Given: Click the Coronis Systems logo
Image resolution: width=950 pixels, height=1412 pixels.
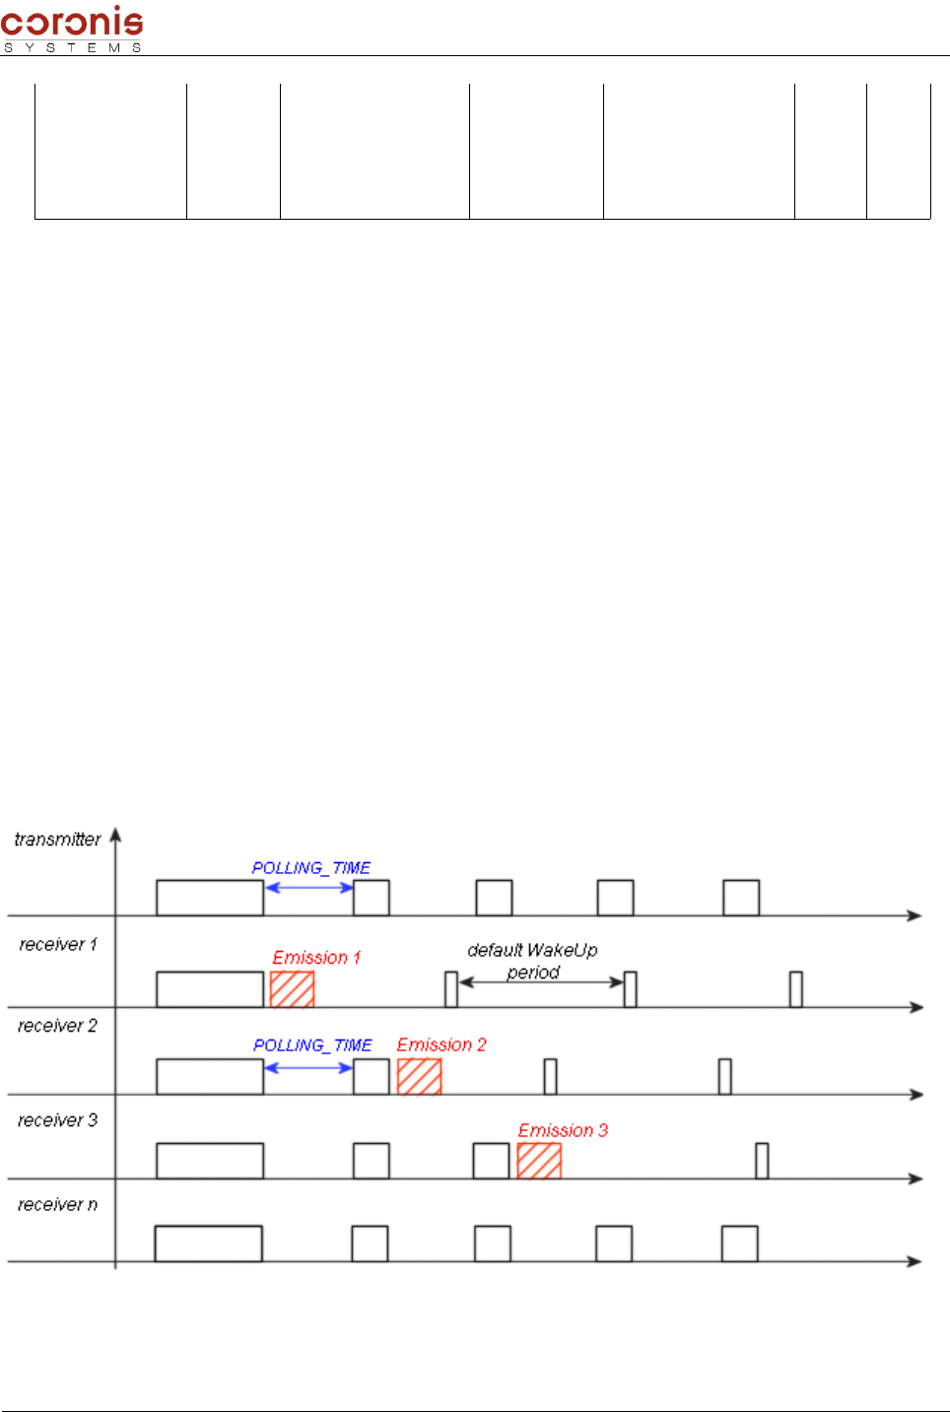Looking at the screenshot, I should click(x=72, y=28).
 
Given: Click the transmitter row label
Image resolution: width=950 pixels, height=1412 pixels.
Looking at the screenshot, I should click(x=57, y=840).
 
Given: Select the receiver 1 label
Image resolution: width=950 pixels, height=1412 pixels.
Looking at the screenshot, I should click(x=58, y=945).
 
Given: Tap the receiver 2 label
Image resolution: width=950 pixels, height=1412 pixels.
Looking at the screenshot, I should click(x=57, y=1027).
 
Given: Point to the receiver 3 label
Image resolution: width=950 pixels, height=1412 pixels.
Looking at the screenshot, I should click(x=57, y=1120).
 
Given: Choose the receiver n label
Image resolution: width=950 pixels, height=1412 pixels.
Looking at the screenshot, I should click(x=57, y=1205).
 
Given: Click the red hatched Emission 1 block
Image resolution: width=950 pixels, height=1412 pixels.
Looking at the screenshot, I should click(x=292, y=989).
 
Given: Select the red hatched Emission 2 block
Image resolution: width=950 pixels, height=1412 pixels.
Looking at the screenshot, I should click(x=419, y=1076).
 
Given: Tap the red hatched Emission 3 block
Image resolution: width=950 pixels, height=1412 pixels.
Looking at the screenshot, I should click(x=539, y=1161).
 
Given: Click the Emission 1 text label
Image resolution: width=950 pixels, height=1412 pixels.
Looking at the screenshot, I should click(x=316, y=958).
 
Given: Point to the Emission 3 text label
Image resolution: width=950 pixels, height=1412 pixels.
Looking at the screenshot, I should click(x=563, y=1130).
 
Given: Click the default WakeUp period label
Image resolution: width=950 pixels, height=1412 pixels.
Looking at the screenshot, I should click(x=532, y=961).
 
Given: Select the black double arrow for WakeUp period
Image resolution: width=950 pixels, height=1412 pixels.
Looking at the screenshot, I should click(x=541, y=981).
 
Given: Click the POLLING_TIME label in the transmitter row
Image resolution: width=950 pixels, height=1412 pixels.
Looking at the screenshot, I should click(x=311, y=868).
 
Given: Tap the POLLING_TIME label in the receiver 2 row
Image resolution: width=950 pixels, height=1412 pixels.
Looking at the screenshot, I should click(x=312, y=1045).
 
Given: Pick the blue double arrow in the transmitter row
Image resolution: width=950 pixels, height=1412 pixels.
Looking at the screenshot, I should click(x=308, y=888).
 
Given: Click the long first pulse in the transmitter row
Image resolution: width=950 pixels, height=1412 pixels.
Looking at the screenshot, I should click(x=210, y=898).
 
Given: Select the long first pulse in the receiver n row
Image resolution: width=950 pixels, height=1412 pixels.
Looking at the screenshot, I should click(x=208, y=1244).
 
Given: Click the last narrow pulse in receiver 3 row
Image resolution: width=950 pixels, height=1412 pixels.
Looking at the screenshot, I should click(x=762, y=1161).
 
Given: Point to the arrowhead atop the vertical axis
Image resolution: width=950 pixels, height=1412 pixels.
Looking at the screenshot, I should click(x=115, y=836).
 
